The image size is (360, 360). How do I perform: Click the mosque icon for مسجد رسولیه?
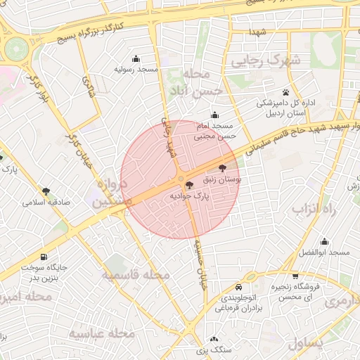coord(136,58)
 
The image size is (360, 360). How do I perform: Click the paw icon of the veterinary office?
coord(285,92)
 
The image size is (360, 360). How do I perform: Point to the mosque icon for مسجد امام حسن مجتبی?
coord(214,115)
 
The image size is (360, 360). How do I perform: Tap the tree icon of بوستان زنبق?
coord(223,169)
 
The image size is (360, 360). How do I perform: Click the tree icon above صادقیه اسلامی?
coord(46,191)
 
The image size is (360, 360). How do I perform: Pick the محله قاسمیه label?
coord(136,275)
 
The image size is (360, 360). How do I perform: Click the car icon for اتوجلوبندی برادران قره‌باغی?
coord(238,288)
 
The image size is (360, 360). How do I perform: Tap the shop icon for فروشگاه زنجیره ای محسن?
coord(296,276)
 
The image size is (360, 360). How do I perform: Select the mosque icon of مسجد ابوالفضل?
coord(324,241)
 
